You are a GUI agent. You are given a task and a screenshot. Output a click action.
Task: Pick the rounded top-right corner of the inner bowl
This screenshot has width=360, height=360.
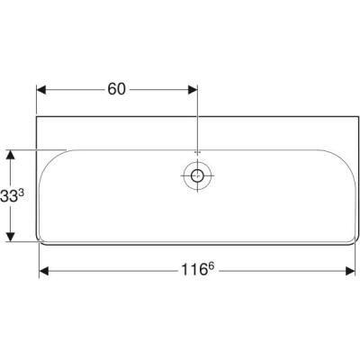(338, 156)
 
